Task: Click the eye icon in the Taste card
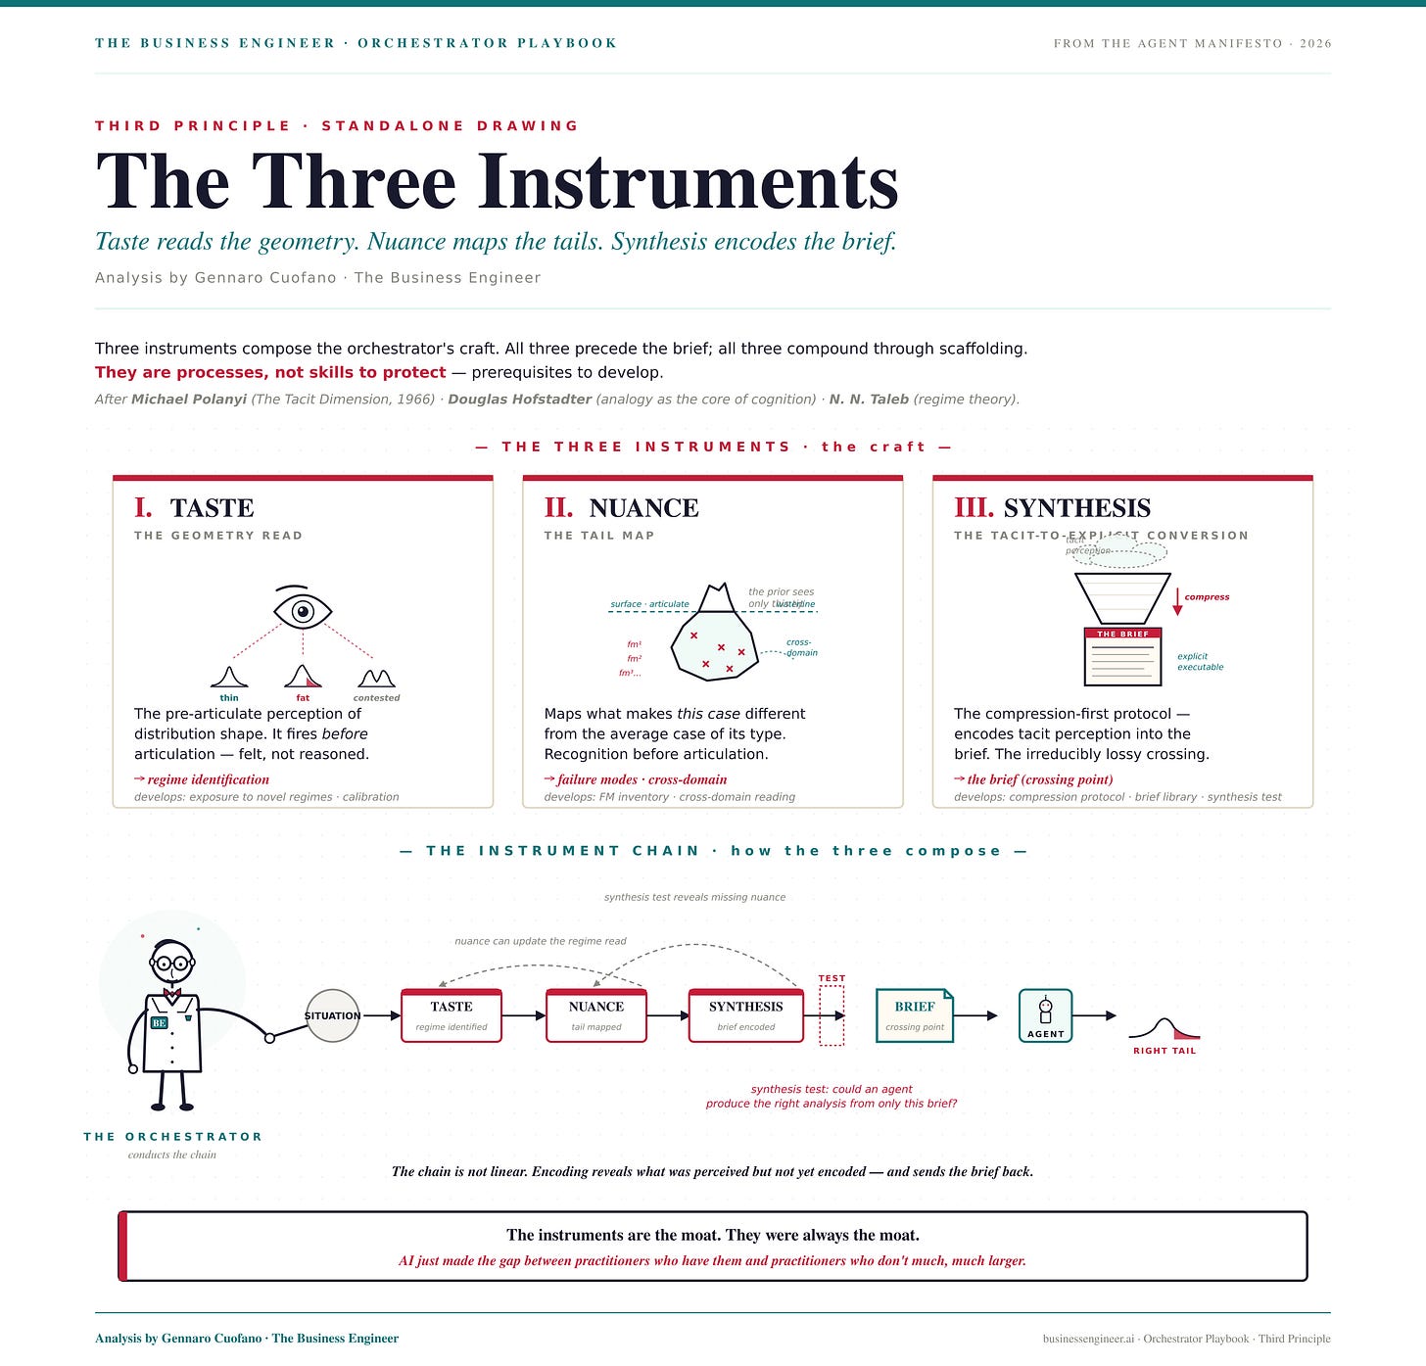303,611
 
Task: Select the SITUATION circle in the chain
333,1015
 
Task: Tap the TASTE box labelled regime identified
452,1015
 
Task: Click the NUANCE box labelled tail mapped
595,1015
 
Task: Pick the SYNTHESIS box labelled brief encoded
745,1015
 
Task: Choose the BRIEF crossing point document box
914,1015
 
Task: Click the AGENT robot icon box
1045,1015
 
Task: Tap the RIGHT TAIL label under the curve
1164,1051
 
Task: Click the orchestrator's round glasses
172,964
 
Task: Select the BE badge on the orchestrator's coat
159,1022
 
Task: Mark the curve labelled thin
229,677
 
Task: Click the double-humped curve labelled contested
376,678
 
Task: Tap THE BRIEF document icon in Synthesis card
1122,657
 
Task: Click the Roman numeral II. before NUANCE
558,507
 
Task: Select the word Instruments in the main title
688,182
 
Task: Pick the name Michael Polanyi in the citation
189,400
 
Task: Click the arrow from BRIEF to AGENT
975,1015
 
